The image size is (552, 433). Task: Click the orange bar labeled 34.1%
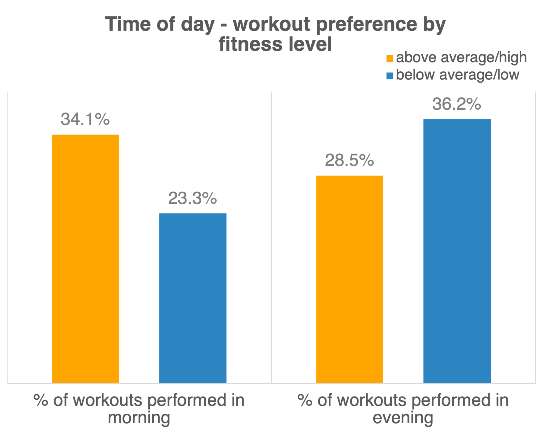click(86, 259)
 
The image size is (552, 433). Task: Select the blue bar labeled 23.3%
click(193, 298)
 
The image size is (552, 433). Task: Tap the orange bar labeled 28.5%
click(350, 279)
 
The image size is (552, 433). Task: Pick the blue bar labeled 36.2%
click(457, 251)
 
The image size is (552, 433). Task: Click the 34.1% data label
click(85, 119)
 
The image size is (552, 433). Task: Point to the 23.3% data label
click(192, 198)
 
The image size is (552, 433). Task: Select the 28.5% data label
click(349, 160)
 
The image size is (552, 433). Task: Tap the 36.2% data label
click(457, 104)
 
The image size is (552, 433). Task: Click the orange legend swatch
click(389, 58)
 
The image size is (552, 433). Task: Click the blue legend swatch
click(389, 76)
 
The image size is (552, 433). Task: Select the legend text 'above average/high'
click(461, 57)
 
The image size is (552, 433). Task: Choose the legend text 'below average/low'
click(457, 75)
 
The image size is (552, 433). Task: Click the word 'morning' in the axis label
click(139, 418)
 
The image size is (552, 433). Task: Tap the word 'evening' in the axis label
click(403, 418)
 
